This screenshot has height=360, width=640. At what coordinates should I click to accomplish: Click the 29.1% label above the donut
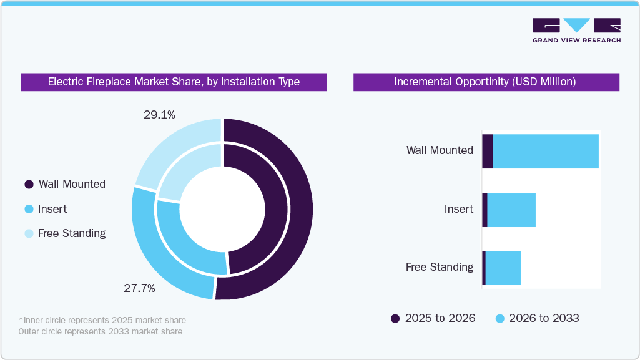pos(159,115)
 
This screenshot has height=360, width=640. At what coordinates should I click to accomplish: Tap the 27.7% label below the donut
pos(140,288)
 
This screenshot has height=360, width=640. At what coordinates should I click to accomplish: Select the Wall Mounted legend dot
pos(29,184)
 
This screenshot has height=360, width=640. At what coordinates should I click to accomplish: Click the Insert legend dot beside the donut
pos(29,209)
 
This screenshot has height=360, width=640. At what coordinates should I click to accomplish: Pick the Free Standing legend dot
pos(29,233)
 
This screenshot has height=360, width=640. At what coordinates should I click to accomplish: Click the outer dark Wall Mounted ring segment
pos(300,209)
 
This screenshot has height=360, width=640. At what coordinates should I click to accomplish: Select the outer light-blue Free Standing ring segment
pos(172,140)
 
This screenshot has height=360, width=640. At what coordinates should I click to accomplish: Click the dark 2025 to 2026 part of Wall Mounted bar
pos(488,151)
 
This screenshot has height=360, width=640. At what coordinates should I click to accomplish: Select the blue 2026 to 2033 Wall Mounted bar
pos(546,151)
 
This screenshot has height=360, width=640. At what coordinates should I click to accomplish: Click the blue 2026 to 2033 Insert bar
pos(511,210)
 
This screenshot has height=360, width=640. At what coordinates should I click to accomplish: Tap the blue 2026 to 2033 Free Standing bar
pos(503,268)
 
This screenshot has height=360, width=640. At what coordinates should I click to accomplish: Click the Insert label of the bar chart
pos(459,209)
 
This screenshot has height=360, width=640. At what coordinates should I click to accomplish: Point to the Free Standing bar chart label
pos(440,267)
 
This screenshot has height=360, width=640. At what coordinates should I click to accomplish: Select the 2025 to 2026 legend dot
pos(395,318)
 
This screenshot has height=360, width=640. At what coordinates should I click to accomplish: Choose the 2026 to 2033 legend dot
pos(500,318)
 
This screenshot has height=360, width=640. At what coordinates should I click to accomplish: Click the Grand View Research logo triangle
pos(577,24)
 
